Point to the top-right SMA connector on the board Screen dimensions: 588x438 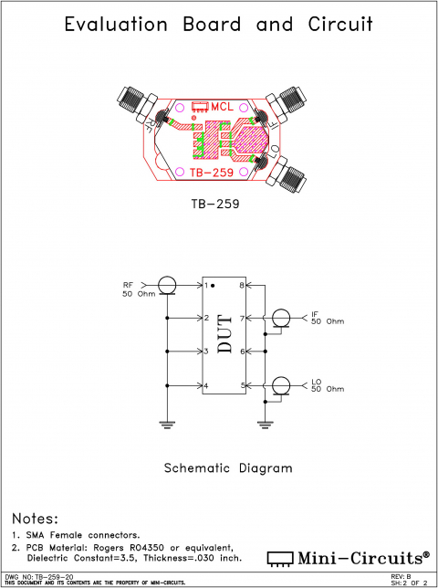tap(289, 100)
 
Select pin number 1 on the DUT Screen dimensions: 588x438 tap(207, 286)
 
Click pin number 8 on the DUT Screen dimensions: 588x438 tap(242, 286)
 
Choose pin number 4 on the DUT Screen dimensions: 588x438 tap(207, 386)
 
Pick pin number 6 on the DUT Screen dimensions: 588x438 tap(242, 352)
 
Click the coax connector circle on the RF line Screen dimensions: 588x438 tap(167, 286)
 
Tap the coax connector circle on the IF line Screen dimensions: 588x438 tap(281, 319)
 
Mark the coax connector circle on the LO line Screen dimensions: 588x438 tap(281, 385)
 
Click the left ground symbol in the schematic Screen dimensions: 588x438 tap(167, 423)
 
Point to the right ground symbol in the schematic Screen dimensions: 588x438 tap(265, 423)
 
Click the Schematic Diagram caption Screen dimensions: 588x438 tap(227, 468)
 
